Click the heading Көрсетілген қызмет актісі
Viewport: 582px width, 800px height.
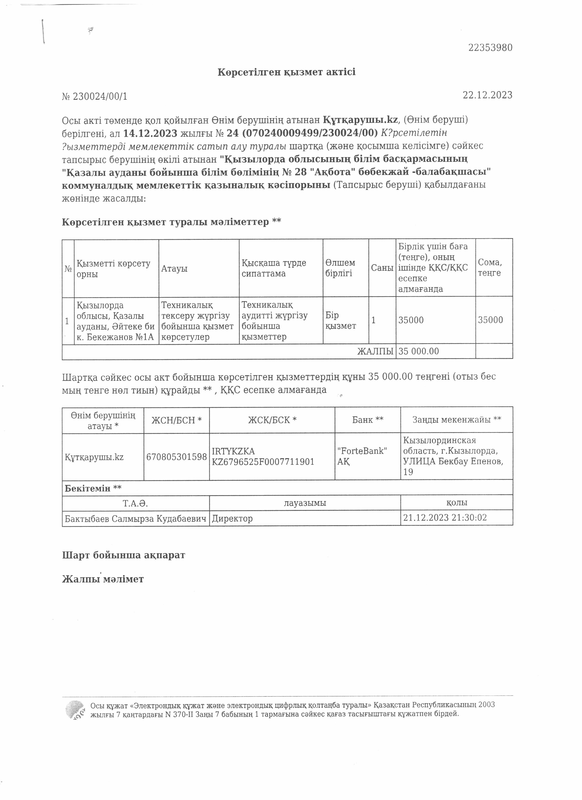286,72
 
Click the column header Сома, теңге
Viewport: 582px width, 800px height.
490,267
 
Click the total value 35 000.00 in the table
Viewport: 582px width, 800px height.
419,351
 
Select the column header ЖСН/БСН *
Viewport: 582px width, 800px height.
176,420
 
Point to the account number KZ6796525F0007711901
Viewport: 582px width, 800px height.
263,462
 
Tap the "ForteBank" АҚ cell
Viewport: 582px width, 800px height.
362,456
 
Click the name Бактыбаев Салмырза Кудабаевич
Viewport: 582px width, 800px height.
136,519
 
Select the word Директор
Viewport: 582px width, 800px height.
232,519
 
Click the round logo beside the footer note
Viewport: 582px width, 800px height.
75,710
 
